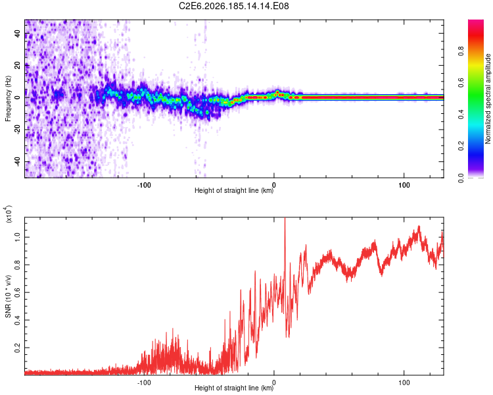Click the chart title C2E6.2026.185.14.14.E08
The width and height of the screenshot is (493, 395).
(x=233, y=6)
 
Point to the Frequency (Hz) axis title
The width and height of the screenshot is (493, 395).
(x=8, y=99)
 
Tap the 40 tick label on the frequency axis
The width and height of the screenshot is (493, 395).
(x=17, y=33)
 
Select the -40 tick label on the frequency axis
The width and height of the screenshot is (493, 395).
(x=17, y=161)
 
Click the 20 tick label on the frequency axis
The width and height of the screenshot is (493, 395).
(x=17, y=65)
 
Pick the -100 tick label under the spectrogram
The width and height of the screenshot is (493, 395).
(x=144, y=185)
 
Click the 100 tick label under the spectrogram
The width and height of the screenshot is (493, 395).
(x=404, y=185)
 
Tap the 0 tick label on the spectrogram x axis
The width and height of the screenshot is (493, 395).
(x=274, y=185)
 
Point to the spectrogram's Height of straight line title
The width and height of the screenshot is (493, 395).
(x=234, y=190)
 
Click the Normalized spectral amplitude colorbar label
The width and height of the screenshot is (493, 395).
(x=488, y=99)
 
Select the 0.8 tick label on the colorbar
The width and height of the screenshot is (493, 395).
(x=461, y=51)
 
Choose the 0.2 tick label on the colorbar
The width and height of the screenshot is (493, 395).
(x=461, y=146)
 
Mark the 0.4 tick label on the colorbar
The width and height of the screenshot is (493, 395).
(x=461, y=115)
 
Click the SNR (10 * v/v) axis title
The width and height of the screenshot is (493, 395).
(x=8, y=296)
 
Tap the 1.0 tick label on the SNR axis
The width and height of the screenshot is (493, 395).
(x=17, y=237)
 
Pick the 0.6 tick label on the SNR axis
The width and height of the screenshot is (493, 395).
(x=17, y=292)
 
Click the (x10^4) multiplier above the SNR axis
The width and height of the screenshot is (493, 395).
(x=9, y=214)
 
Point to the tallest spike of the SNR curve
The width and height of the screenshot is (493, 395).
(x=285, y=219)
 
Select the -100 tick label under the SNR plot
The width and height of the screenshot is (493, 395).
(x=144, y=382)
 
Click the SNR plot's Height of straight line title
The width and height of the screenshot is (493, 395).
(x=234, y=388)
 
